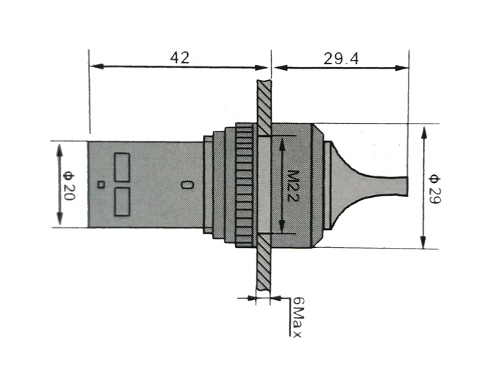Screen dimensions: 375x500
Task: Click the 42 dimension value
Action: pyautogui.click(x=179, y=57)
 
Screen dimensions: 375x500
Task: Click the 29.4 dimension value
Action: pyautogui.click(x=340, y=58)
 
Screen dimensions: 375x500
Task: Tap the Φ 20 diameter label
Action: pyautogui.click(x=69, y=184)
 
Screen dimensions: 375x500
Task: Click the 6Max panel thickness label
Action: pyautogui.click(x=297, y=318)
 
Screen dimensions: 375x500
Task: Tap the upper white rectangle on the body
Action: pyautogui.click(x=121, y=166)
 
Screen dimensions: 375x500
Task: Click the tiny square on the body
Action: pyautogui.click(x=101, y=185)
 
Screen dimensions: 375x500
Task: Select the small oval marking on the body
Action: pyautogui.click(x=187, y=185)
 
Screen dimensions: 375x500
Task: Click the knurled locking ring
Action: pyautogui.click(x=244, y=185)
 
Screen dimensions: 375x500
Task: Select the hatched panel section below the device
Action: pyautogui.click(x=263, y=264)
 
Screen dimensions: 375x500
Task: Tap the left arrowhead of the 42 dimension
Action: pyautogui.click(x=95, y=67)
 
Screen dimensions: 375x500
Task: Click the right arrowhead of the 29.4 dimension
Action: pyautogui.click(x=404, y=68)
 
